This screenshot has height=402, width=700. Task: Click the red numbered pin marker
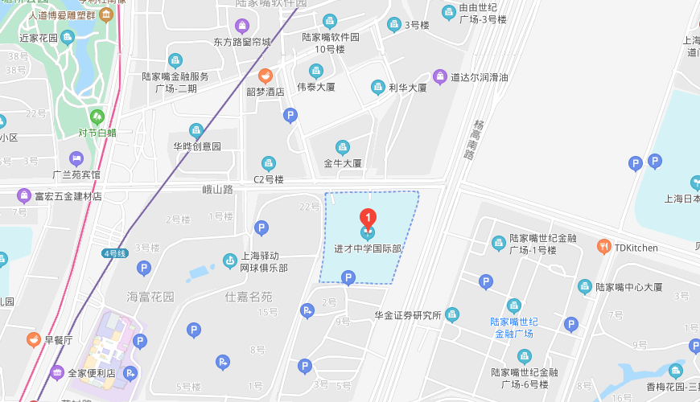pyautogui.click(x=368, y=217)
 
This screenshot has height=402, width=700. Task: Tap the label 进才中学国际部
pyautogui.click(x=368, y=248)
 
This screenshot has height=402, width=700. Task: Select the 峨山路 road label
pyautogui.click(x=217, y=190)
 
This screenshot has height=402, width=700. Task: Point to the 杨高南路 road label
pyautogui.click(x=480, y=142)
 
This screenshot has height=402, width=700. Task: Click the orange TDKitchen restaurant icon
pyautogui.click(x=603, y=247)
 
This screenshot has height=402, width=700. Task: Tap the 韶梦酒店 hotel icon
pyautogui.click(x=265, y=76)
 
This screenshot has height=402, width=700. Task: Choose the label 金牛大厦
pyautogui.click(x=343, y=163)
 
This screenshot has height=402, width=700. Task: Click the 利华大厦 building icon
pyautogui.click(x=377, y=88)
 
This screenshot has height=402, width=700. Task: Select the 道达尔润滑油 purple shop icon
pyautogui.click(x=439, y=77)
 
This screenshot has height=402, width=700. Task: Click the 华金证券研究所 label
pyautogui.click(x=408, y=314)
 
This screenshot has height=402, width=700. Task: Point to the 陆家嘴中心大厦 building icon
pyautogui.click(x=585, y=286)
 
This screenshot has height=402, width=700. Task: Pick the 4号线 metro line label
pyautogui.click(x=114, y=253)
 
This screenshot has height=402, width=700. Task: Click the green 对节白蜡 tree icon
pyautogui.click(x=97, y=117)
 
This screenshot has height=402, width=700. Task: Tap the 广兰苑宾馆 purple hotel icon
pyautogui.click(x=76, y=158)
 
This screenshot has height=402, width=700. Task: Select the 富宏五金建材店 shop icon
pyautogui.click(x=23, y=195)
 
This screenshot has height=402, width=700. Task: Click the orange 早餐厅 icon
pyautogui.click(x=34, y=339)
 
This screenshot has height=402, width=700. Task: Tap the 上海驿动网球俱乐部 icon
pyautogui.click(x=230, y=261)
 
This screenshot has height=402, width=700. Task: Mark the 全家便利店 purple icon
pyautogui.click(x=57, y=372)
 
